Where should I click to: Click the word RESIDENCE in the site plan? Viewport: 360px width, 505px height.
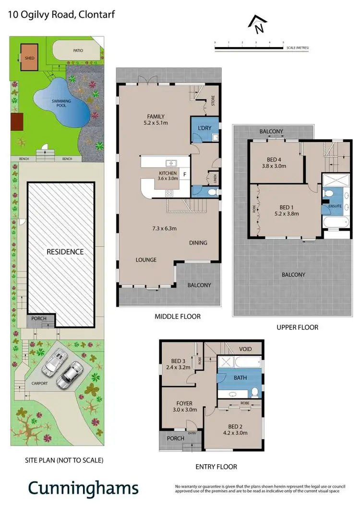(65, 251)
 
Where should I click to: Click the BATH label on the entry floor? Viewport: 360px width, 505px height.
(240, 377)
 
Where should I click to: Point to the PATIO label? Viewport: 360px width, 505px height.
(78, 49)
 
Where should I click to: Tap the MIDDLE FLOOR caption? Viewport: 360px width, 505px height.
(178, 316)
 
